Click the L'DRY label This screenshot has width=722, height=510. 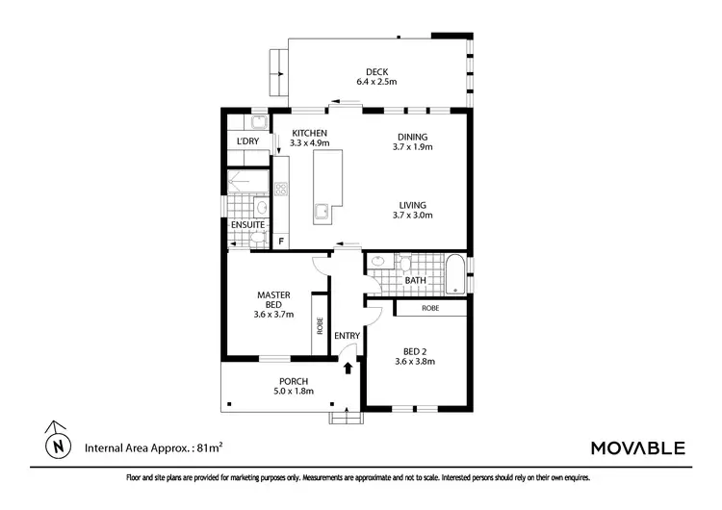pos(247,142)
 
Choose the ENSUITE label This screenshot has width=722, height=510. pos(248,225)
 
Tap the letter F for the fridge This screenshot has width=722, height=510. pos(281,241)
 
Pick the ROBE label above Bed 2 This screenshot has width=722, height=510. pos(431,308)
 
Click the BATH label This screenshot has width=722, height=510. pos(416,281)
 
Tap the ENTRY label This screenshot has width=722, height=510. pos(347,336)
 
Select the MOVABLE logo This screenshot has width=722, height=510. pos(636,447)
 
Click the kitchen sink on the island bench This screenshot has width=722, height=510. pos(322,212)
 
